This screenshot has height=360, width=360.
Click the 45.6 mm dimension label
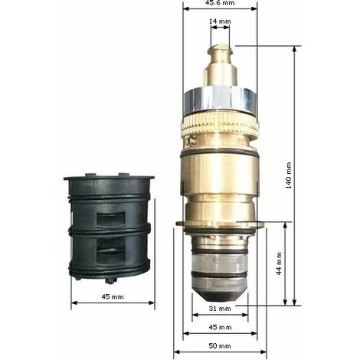pos(220,2)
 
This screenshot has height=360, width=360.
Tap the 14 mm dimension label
pos(220,21)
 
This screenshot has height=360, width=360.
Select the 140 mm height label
pos(288,175)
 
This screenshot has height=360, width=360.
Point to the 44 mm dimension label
pos(279,263)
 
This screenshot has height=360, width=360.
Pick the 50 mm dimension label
pos(220,346)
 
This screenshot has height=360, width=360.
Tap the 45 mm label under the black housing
pos(113,296)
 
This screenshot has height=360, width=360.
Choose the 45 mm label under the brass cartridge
pos(220,327)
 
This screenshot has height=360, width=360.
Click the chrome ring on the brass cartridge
pos(220,100)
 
